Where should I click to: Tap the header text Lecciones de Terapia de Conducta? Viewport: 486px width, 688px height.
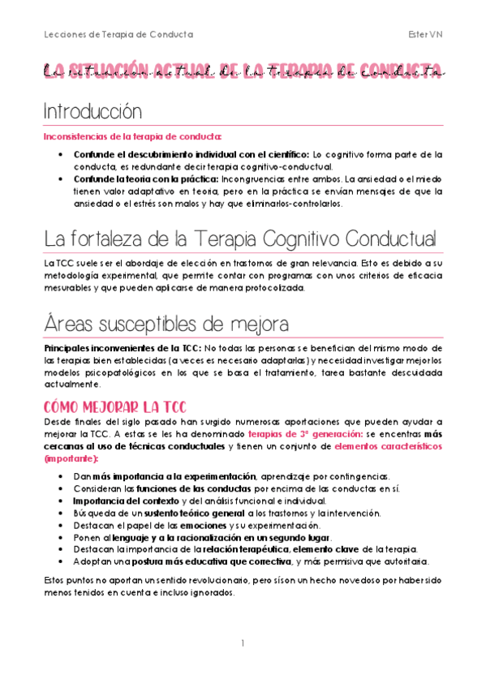(x=118, y=34)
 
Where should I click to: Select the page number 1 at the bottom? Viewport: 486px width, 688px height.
(x=243, y=643)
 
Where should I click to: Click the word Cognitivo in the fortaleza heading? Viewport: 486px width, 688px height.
(x=295, y=239)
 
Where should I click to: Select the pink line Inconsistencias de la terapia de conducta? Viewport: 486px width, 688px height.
(x=132, y=136)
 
